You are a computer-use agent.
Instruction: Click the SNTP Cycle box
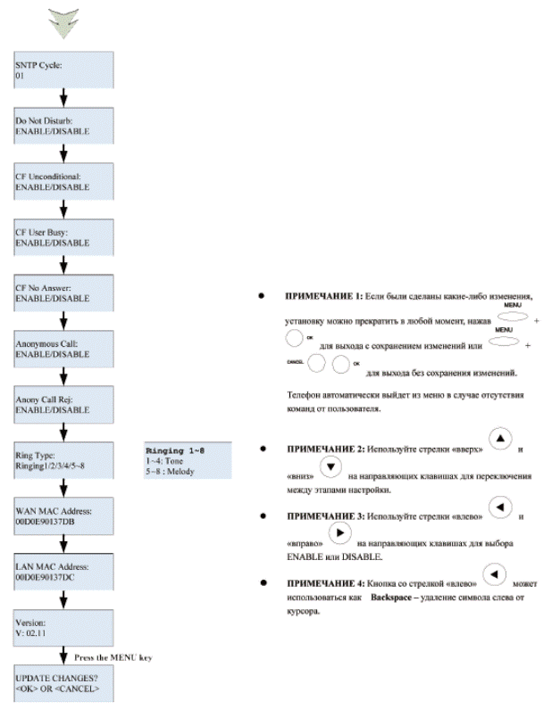(x=63, y=70)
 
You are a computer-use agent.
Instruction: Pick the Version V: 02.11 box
(x=63, y=627)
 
